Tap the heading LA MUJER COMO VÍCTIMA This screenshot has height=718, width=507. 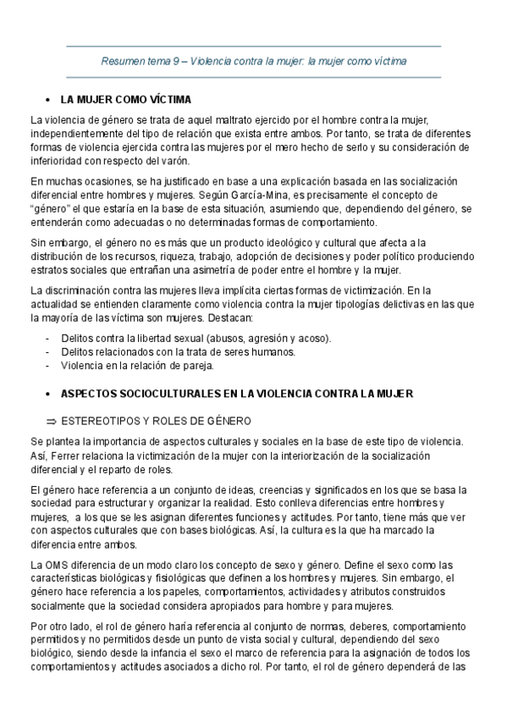pyautogui.click(x=126, y=98)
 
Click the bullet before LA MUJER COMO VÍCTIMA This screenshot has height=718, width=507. pyautogui.click(x=49, y=98)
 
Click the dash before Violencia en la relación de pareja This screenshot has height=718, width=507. pyautogui.click(x=47, y=366)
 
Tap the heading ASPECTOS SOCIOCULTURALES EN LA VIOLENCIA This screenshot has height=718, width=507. pyautogui.click(x=236, y=394)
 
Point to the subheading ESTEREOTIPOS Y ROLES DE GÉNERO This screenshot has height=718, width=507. pyautogui.click(x=157, y=419)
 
